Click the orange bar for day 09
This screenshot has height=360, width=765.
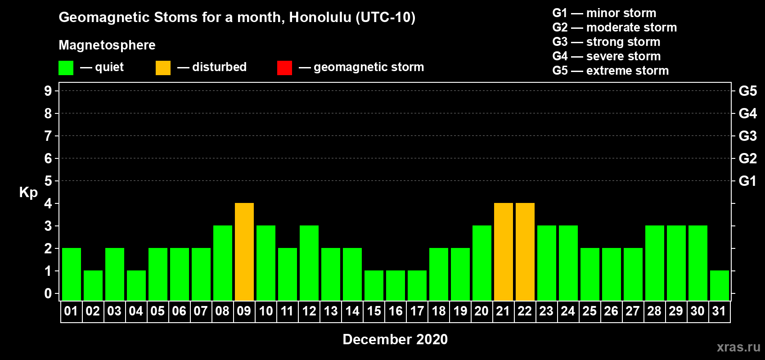click(x=244, y=252)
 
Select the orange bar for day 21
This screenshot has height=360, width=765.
click(x=504, y=252)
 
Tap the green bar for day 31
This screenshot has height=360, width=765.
click(x=719, y=286)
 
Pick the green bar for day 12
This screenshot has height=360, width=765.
click(x=309, y=263)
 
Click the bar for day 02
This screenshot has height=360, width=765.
click(x=93, y=286)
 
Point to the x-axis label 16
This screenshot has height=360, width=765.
click(x=396, y=311)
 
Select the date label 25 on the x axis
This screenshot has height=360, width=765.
click(x=590, y=311)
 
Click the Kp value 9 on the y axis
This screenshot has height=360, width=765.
click(x=48, y=91)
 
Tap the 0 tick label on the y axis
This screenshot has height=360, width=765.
click(x=48, y=293)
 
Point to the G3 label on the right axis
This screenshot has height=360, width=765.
click(x=747, y=136)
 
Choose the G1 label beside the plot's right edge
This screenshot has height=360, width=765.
click(x=747, y=181)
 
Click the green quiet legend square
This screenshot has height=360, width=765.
click(x=66, y=67)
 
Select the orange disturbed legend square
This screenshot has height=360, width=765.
click(x=163, y=67)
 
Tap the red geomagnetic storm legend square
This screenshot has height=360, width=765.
click(x=284, y=67)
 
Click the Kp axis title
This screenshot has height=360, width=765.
click(x=28, y=193)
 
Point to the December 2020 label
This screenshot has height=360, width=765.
click(x=395, y=339)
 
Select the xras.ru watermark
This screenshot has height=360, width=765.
click(x=738, y=347)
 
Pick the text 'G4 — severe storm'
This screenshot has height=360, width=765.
click(x=606, y=56)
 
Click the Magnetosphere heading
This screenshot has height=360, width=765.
click(x=107, y=45)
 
